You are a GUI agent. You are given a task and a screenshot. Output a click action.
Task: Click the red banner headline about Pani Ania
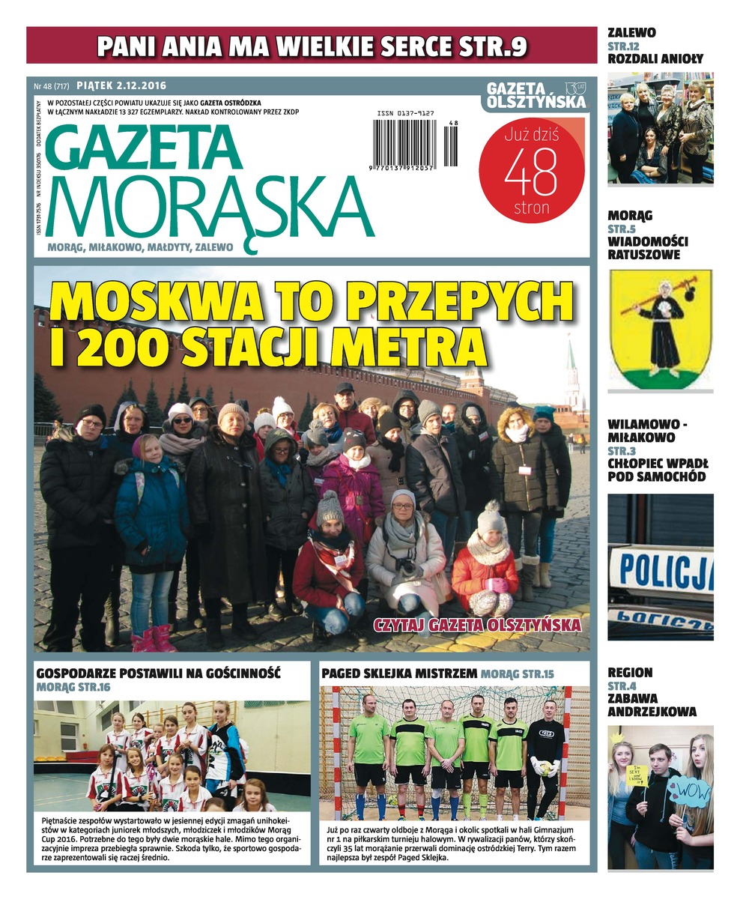(312, 46)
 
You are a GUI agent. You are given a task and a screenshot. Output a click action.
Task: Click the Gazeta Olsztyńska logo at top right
(536, 96)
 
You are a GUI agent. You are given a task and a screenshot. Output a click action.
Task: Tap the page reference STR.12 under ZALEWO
(622, 46)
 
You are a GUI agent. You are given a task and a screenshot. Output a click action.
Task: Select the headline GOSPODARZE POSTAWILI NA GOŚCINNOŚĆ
(158, 673)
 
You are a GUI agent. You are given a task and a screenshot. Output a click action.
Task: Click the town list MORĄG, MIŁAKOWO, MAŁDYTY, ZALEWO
(140, 246)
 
